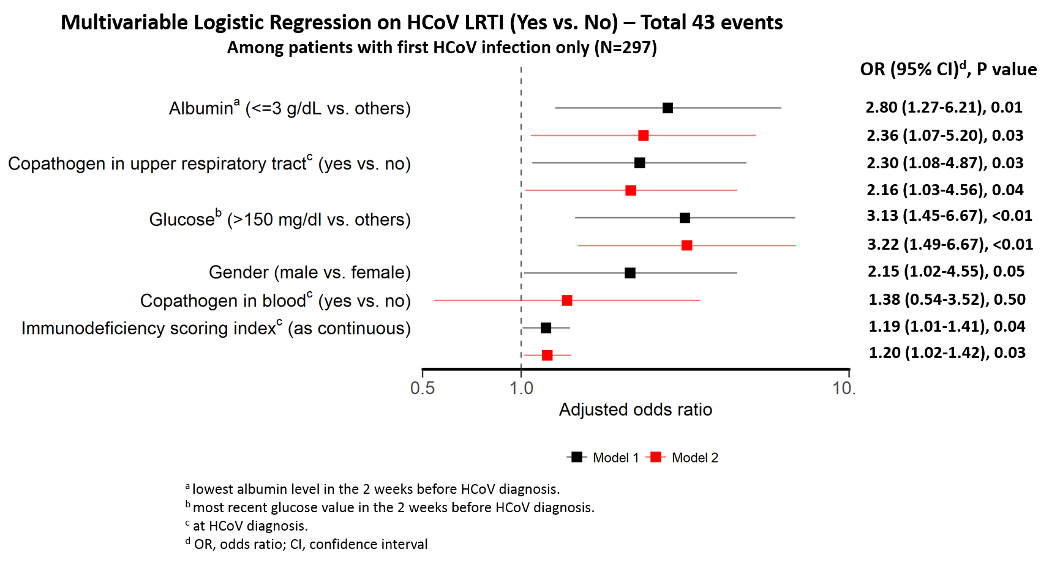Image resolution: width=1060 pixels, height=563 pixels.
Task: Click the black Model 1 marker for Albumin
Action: (x=667, y=108)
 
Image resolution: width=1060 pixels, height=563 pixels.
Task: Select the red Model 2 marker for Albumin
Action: (x=643, y=135)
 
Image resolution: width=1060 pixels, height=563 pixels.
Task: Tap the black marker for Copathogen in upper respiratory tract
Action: (x=639, y=163)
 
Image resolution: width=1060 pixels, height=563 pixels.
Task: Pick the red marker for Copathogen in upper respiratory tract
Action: (x=631, y=190)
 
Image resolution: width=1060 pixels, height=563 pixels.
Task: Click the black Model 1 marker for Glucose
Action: (x=685, y=218)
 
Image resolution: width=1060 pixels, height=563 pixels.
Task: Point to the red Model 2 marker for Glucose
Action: (x=686, y=245)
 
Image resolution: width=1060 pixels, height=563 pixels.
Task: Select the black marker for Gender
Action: (x=630, y=273)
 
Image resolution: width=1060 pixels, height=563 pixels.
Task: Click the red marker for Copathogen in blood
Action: (x=567, y=300)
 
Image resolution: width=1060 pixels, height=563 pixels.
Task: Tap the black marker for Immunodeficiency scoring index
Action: (x=546, y=328)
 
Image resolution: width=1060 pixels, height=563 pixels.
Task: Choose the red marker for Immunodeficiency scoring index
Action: (x=547, y=356)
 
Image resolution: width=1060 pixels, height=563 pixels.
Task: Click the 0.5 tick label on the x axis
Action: (x=423, y=388)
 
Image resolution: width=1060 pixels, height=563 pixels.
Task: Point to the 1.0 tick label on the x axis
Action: (x=521, y=388)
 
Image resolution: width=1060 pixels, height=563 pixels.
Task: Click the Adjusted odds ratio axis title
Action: (x=635, y=409)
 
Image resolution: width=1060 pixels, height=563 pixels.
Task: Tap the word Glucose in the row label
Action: (x=181, y=220)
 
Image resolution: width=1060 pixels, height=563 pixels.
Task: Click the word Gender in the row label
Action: (x=238, y=272)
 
